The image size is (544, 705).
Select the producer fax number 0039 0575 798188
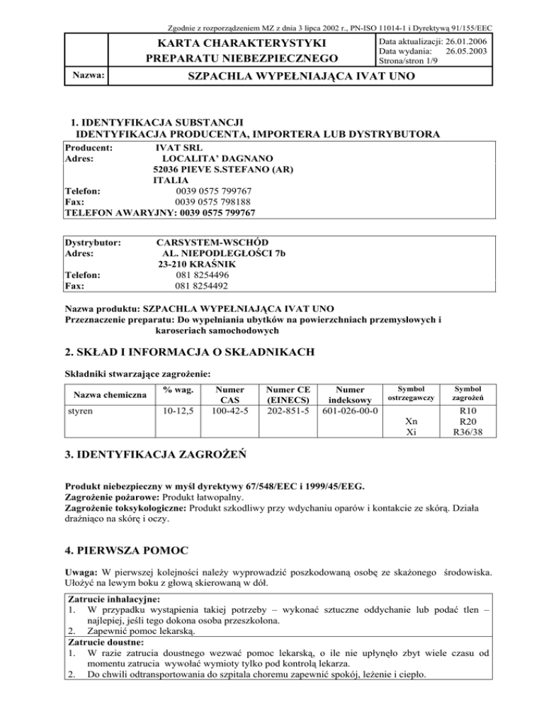[x=207, y=201]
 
